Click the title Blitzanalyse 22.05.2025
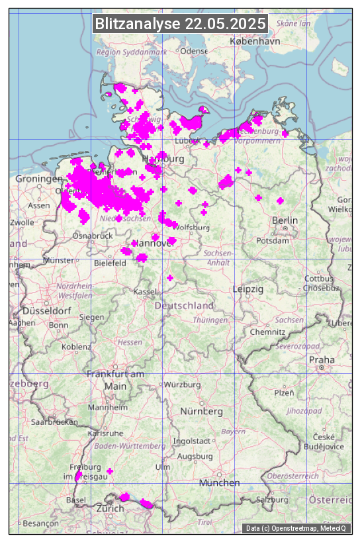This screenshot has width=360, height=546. pos(180,24)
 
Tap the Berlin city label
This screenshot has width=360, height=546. pos(284,220)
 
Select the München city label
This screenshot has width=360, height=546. pos(219,482)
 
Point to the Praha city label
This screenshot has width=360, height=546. pos(322,359)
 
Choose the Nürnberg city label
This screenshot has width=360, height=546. pos(202,411)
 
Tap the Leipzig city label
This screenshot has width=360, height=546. pos(248,289)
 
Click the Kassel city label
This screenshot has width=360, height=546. pos(144,291)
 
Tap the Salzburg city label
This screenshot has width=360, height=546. pos(273,499)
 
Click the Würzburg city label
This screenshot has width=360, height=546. pos(182,385)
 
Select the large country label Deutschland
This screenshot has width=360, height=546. pos(184,305)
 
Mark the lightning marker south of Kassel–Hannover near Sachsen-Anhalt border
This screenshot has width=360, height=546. pos(170,277)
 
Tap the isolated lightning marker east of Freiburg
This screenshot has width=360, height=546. pos(110,471)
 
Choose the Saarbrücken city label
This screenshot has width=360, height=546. pos(56,421)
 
